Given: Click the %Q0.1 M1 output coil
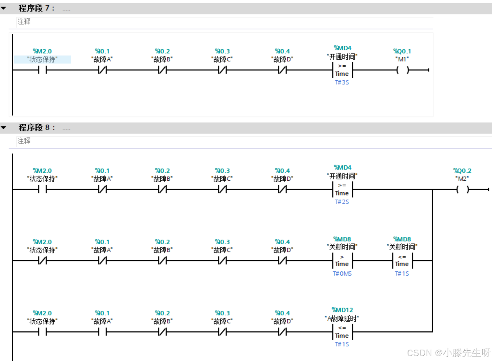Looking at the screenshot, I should point(402,70).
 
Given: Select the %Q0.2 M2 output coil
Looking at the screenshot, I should point(462,190).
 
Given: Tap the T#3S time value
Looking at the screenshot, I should point(342,82).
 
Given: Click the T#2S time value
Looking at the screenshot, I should point(342,202).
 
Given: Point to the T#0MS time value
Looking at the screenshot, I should point(342,274).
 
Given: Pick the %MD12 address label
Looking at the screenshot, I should point(342,310).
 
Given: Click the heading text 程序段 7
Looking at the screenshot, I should point(36,8).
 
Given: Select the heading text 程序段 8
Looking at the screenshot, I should point(36,127).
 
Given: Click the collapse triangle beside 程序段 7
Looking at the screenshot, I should point(4,8).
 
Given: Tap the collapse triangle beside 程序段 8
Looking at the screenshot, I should point(4,127).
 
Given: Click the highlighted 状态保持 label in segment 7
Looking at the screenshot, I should point(42,59).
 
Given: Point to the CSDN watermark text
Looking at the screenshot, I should point(449,353).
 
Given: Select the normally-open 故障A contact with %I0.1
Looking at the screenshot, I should point(102,332).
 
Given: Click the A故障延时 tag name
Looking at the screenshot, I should point(342,318).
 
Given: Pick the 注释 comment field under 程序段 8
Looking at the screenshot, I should point(24,141).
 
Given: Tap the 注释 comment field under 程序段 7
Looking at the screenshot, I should point(24,21).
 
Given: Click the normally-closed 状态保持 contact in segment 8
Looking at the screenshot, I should point(42,261).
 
